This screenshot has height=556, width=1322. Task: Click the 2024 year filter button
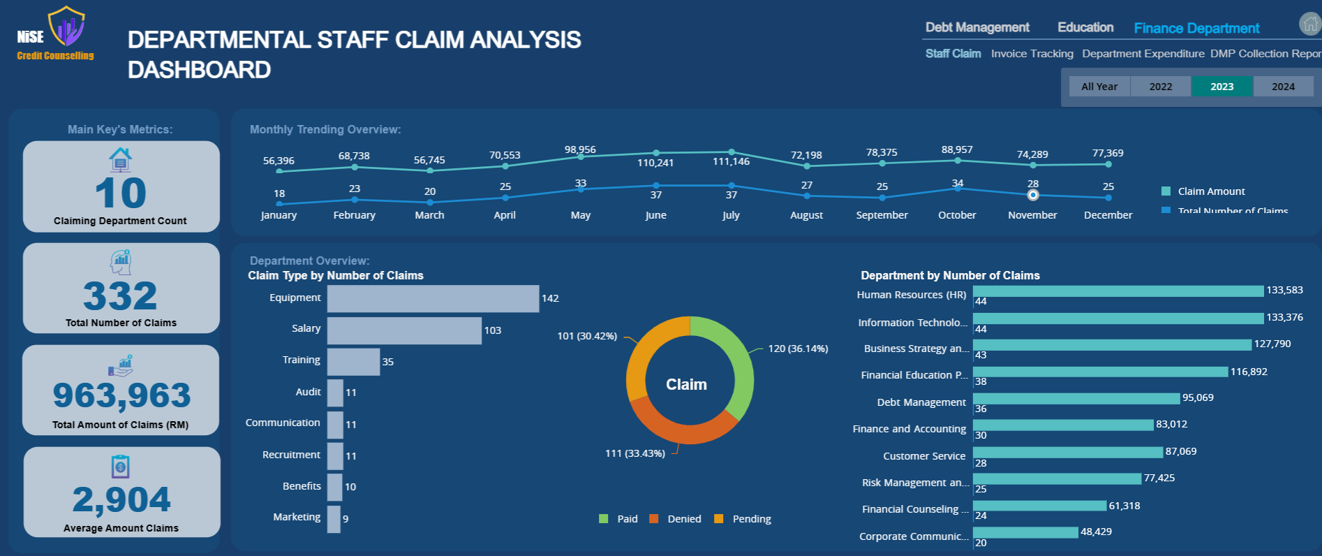pos(1283,87)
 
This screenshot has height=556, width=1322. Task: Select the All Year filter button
pos(1099,87)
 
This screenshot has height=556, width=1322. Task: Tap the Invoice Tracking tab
pos(1032,54)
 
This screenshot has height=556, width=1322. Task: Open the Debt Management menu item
pos(977,27)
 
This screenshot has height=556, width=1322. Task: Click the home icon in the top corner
pos(1310,24)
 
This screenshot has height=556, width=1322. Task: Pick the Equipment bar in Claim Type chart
pos(433,298)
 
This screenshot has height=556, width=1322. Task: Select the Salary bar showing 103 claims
pos(404,330)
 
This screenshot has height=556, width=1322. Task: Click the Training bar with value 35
pos(353,362)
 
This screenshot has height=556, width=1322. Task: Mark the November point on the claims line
pos(1033,195)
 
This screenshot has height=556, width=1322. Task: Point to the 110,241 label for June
pos(655,163)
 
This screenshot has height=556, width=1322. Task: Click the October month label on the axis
pos(957,215)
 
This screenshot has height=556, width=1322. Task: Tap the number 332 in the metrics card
pos(120,295)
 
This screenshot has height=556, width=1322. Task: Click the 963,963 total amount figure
pos(121,395)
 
